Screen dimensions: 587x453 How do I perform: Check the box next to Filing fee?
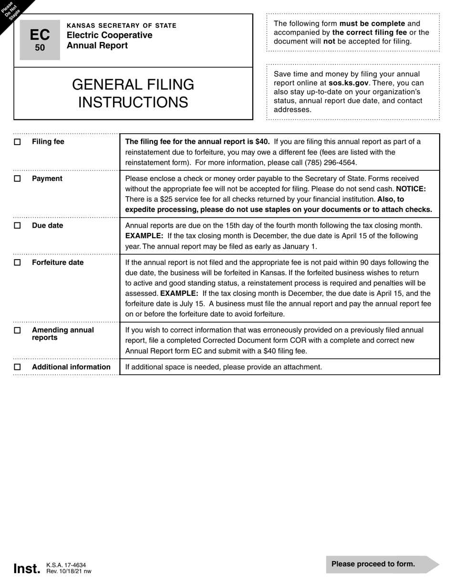[x=18, y=142]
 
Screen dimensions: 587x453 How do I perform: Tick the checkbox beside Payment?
[x=18, y=178]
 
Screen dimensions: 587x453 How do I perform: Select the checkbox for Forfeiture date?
[x=18, y=262]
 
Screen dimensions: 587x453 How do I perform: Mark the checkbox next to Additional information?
[x=18, y=367]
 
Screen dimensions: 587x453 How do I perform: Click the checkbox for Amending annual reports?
[x=18, y=330]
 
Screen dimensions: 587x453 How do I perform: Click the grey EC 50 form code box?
[x=40, y=40]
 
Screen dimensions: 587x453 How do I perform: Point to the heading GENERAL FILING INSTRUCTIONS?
[x=133, y=94]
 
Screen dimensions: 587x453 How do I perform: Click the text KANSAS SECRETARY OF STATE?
[x=121, y=25]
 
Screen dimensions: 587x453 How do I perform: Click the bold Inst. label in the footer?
[x=27, y=569]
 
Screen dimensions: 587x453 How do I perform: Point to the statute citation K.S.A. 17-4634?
[x=66, y=565]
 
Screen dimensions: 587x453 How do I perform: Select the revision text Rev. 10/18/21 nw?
[x=69, y=571]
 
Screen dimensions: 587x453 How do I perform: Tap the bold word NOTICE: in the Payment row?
[x=411, y=189]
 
